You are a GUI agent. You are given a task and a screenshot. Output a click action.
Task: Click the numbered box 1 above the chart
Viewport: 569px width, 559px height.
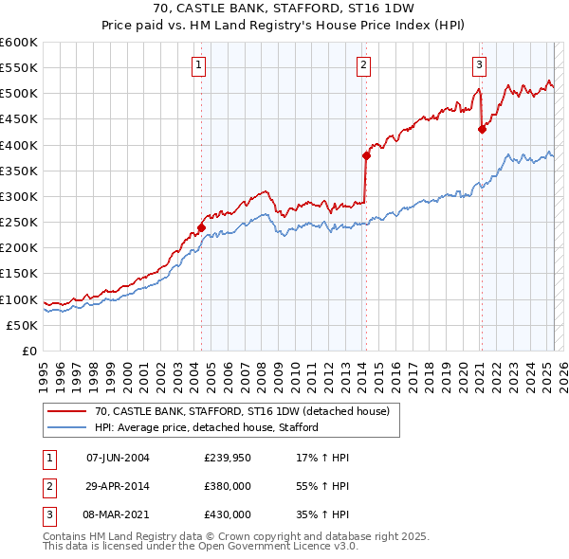[x=199, y=65]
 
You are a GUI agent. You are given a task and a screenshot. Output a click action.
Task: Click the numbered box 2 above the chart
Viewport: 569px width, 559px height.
[x=364, y=65]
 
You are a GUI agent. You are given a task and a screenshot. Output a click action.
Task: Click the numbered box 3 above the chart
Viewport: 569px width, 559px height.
[x=479, y=65]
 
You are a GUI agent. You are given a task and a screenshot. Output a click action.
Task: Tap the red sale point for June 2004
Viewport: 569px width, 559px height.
[x=201, y=227]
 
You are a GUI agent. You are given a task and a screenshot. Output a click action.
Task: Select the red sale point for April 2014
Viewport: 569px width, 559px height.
[x=365, y=155]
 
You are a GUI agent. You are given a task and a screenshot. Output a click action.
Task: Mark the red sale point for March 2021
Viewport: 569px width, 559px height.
[x=481, y=130]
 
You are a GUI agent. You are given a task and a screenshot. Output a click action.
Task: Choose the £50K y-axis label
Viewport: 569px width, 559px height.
[x=23, y=325]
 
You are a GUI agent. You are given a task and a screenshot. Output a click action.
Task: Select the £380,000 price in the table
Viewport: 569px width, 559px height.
[x=228, y=487]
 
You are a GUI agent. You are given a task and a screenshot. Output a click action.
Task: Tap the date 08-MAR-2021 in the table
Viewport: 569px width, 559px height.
[x=119, y=515]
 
